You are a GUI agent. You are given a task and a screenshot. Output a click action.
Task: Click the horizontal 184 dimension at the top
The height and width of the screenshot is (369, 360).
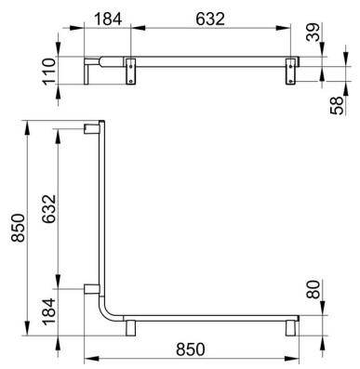tap(108, 20)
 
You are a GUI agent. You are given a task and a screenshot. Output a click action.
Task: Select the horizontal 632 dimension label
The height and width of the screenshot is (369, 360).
tap(210, 20)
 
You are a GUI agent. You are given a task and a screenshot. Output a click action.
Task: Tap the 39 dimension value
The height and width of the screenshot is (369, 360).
tap(313, 32)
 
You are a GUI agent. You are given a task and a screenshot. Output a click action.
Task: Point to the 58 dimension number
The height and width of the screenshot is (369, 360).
tap(337, 106)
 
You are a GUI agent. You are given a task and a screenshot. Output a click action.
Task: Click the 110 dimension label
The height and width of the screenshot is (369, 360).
tap(48, 71)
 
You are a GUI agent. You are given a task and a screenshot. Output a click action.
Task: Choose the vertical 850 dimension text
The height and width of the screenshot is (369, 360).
tap(18, 228)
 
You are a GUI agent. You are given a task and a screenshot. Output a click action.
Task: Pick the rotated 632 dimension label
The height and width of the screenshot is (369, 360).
tap(48, 209)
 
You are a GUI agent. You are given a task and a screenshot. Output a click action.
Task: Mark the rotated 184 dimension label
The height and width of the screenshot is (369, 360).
tap(48, 311)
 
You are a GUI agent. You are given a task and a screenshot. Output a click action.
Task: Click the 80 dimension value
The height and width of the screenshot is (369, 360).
tap(313, 289)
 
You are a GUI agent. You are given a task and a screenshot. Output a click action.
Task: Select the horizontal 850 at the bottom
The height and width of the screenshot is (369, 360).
tap(191, 349)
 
